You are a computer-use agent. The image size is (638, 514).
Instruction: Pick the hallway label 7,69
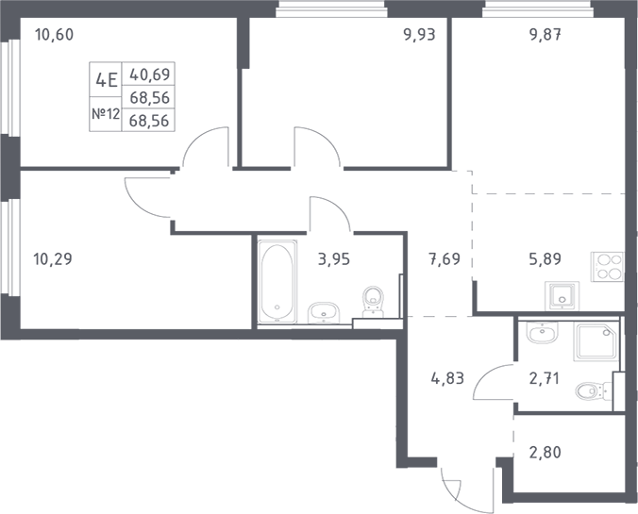tap(444, 258)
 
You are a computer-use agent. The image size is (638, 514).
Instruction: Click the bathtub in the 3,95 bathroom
tap(277, 280)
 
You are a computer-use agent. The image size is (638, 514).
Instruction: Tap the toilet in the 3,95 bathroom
tap(375, 298)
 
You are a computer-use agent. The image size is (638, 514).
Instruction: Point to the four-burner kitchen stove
tap(607, 267)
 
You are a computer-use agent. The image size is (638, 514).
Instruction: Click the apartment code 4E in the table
tap(106, 79)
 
